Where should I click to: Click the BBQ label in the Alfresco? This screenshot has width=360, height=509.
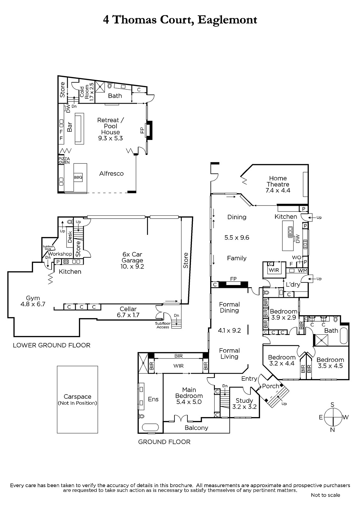click(x=78, y=177)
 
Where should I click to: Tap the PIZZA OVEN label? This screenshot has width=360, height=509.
click(x=64, y=161)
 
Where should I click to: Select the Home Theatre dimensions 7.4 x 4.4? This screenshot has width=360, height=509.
click(x=278, y=191)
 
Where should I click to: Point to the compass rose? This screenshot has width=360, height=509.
click(x=333, y=417)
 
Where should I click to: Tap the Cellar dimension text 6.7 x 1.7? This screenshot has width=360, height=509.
click(x=128, y=315)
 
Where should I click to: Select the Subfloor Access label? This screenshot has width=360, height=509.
click(x=163, y=325)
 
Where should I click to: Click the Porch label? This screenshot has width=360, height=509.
click(x=271, y=386)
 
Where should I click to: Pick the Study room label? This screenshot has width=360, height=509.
click(x=244, y=401)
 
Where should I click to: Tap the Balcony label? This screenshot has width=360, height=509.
click(x=196, y=428)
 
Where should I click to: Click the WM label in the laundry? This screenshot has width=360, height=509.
click(x=302, y=271)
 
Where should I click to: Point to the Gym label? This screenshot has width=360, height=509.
click(x=33, y=298)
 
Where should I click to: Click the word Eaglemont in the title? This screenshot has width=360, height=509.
click(x=227, y=20)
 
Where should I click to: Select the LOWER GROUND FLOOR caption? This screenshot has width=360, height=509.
click(x=52, y=345)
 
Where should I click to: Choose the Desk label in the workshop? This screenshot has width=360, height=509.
click(x=70, y=237)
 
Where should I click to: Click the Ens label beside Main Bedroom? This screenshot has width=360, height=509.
click(x=153, y=399)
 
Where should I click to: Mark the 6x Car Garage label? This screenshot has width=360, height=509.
click(x=132, y=257)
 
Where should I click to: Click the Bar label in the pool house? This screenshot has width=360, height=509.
click(x=70, y=127)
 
